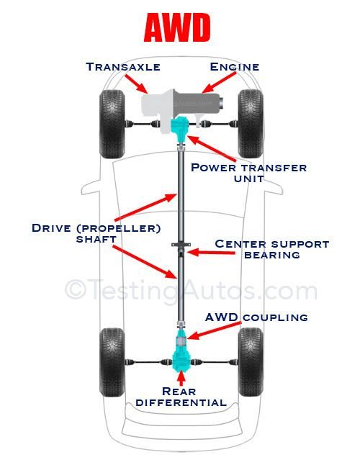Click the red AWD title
(177, 28)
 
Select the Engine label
(234, 66)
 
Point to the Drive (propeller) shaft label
(96, 234)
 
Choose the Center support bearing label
(271, 249)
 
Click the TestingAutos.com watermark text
(191, 290)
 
